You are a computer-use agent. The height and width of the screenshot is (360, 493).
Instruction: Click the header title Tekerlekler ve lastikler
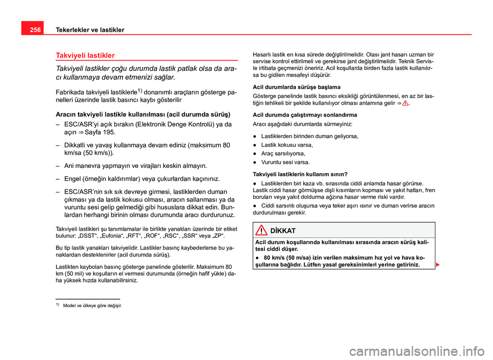tap(83, 30)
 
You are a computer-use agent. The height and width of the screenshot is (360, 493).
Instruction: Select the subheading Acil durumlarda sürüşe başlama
tap(293, 87)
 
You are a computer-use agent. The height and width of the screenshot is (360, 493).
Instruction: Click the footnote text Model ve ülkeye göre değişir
tap(92, 306)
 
